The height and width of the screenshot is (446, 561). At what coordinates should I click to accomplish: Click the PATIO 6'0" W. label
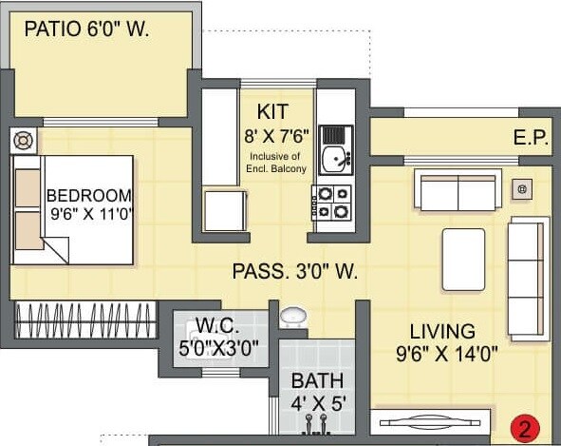tap(87, 29)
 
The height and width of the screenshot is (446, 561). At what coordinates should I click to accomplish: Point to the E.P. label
tap(531, 138)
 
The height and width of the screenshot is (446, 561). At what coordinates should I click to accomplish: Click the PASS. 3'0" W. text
tap(294, 272)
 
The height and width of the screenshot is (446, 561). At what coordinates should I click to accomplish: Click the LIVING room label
tap(441, 332)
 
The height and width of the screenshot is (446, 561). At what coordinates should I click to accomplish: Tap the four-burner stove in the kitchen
tap(333, 201)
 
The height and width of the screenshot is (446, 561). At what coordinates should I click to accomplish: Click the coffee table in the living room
tap(463, 259)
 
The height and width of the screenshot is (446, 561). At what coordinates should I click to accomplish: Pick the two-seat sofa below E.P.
tap(459, 191)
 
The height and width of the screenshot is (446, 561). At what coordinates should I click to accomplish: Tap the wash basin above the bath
tap(294, 316)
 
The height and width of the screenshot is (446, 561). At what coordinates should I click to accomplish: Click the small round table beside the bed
tap(23, 141)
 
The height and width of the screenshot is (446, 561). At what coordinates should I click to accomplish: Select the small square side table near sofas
tap(520, 189)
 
